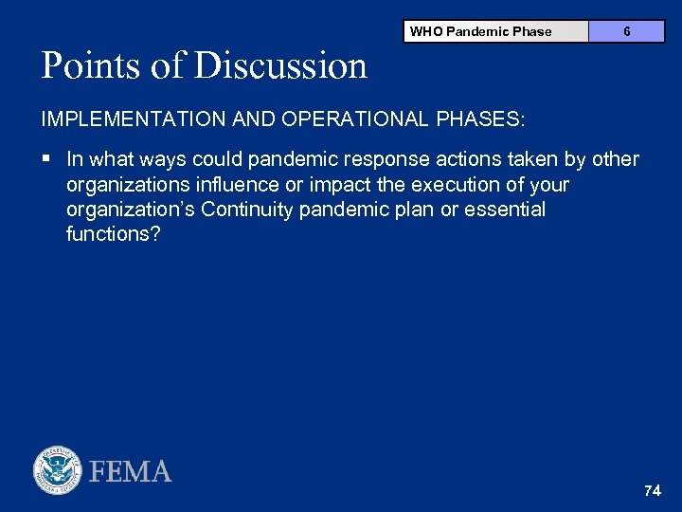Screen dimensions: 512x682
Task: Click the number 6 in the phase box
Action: coord(627,31)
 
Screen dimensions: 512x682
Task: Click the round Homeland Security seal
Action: coord(58,470)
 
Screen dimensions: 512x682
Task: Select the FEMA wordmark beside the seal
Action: coord(131,471)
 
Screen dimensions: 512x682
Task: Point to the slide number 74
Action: coord(652,490)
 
